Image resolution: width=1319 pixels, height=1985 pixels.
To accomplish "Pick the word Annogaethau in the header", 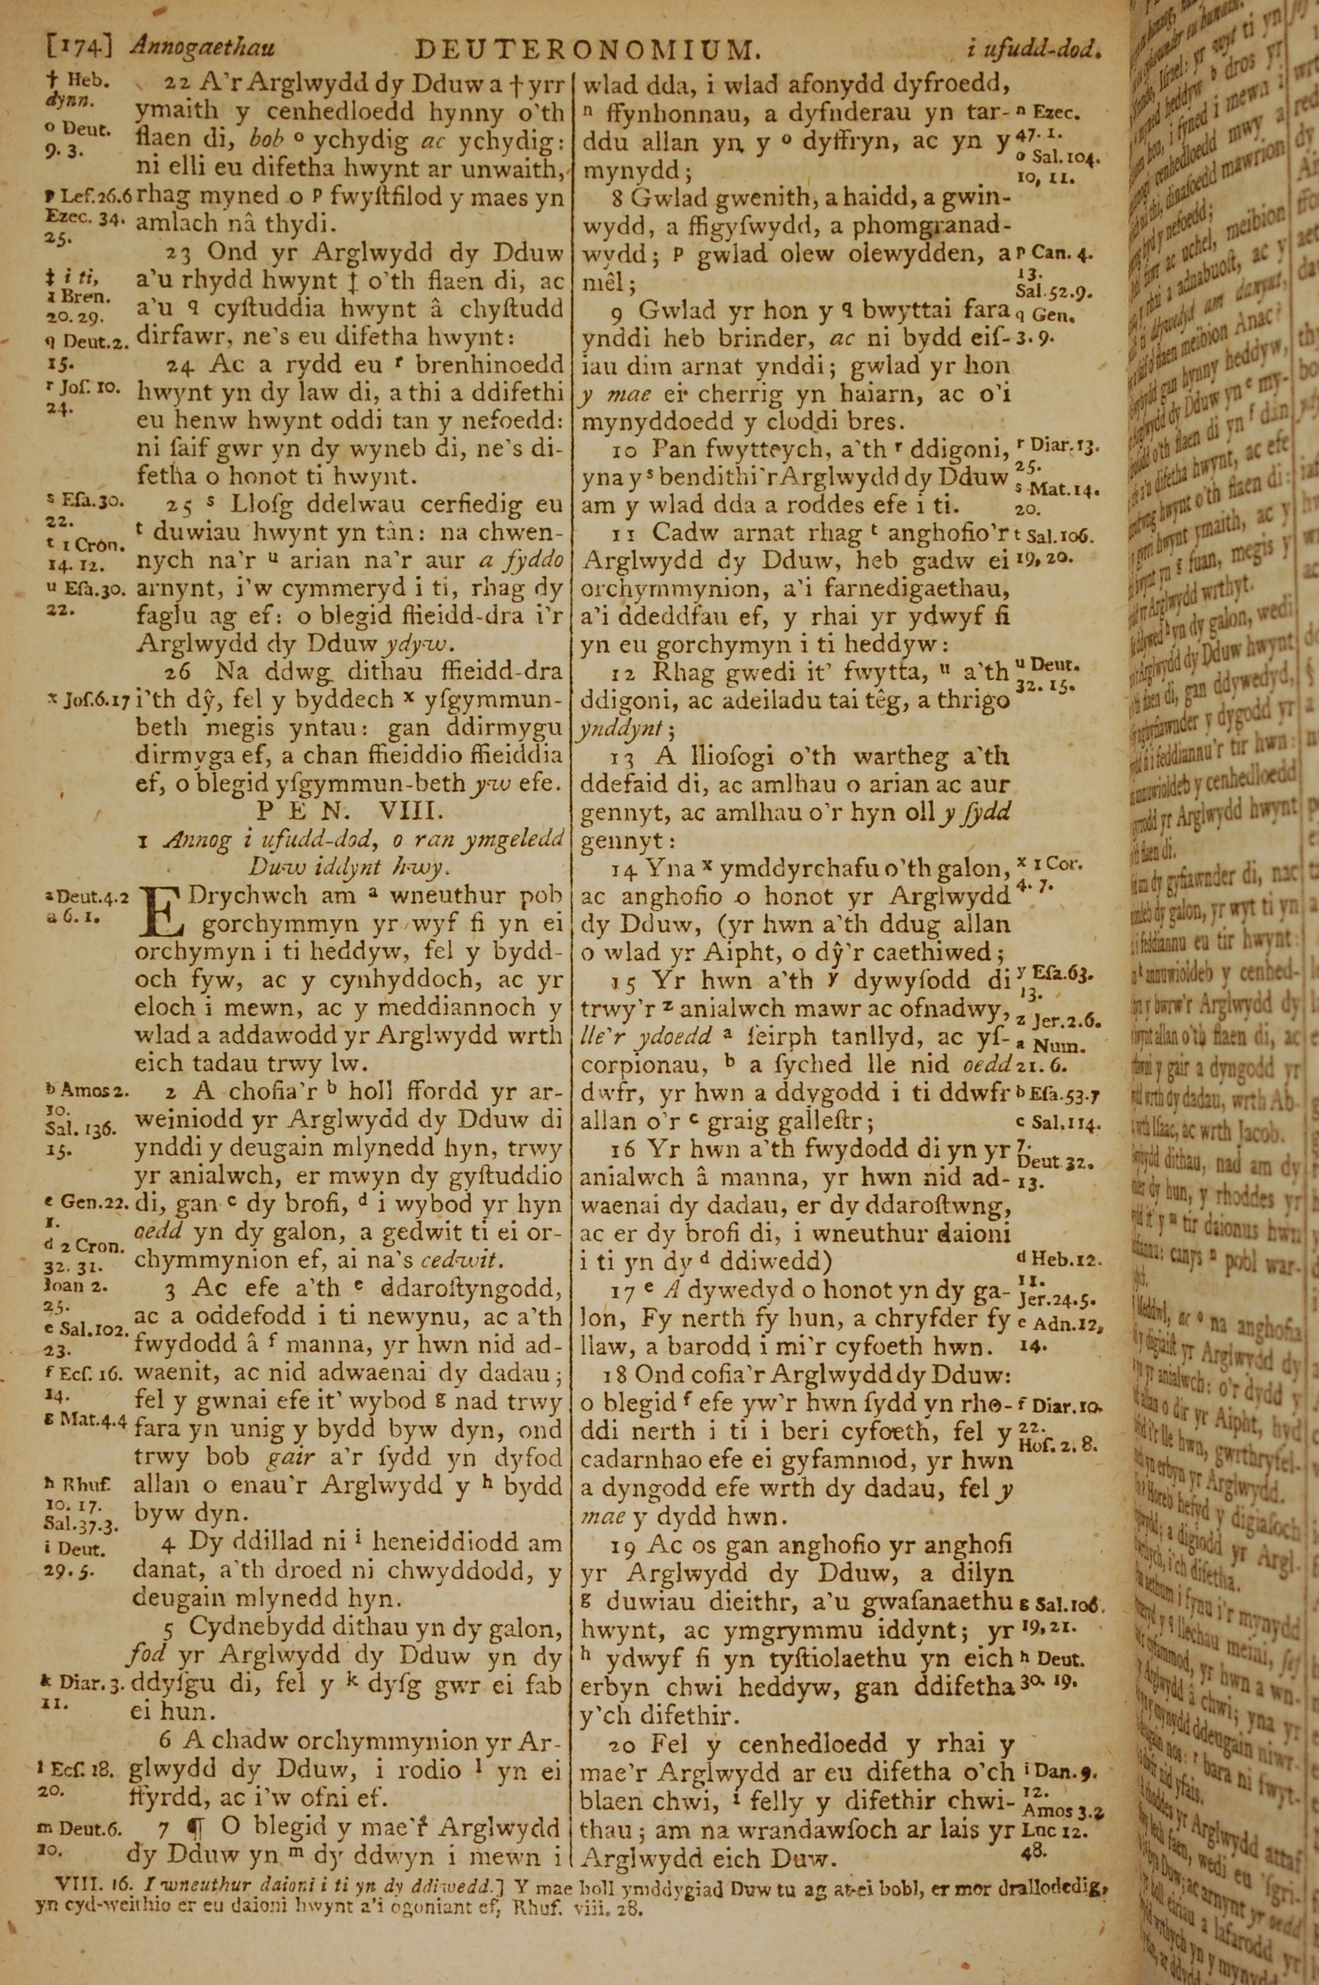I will [202, 49].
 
